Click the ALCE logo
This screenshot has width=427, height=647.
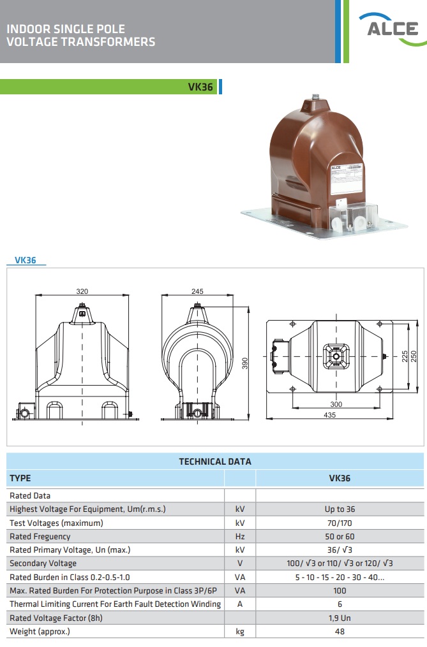pyautogui.click(x=393, y=29)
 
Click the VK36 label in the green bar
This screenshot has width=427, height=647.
pyautogui.click(x=200, y=87)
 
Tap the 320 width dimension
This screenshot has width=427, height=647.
pyautogui.click(x=82, y=291)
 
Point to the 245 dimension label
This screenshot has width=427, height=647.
pyautogui.click(x=197, y=291)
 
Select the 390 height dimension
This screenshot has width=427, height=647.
pyautogui.click(x=244, y=363)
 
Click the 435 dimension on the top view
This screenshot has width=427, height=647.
pyautogui.click(x=329, y=415)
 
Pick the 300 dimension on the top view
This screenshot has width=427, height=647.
pyautogui.click(x=336, y=404)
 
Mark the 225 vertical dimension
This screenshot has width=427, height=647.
pyautogui.click(x=405, y=356)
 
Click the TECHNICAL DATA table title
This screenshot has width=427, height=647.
pyautogui.click(x=215, y=462)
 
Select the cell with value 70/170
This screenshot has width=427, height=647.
pyautogui.click(x=340, y=523)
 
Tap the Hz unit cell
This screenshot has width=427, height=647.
pyautogui.click(x=240, y=537)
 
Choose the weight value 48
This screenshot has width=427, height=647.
pyautogui.click(x=340, y=631)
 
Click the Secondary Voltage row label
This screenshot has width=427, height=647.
pyautogui.click(x=43, y=563)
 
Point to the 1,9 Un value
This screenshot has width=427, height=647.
pyautogui.click(x=340, y=618)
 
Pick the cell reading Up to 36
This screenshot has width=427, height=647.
pyautogui.click(x=340, y=509)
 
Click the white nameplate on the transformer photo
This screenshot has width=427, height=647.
pyautogui.click(x=347, y=179)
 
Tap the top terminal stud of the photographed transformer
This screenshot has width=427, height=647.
pyautogui.click(x=316, y=97)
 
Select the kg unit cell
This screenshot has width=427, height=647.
pyautogui.click(x=240, y=632)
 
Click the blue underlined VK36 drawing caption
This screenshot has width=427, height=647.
pyautogui.click(x=26, y=260)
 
